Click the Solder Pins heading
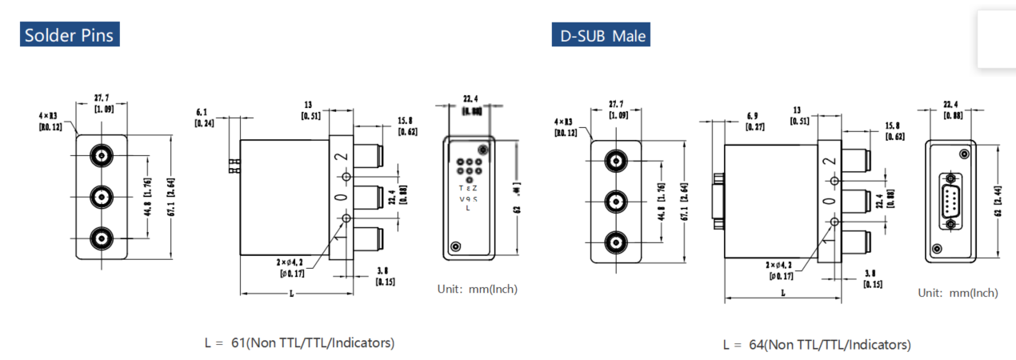[69, 35]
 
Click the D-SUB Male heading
[600, 36]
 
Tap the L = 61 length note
[299, 342]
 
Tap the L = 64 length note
[816, 345]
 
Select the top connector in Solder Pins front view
[101, 154]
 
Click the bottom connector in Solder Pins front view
[101, 238]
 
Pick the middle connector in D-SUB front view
[615, 200]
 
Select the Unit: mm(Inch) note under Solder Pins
[478, 289]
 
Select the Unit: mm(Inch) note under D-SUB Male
[958, 293]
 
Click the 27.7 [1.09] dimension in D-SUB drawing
[616, 109]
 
